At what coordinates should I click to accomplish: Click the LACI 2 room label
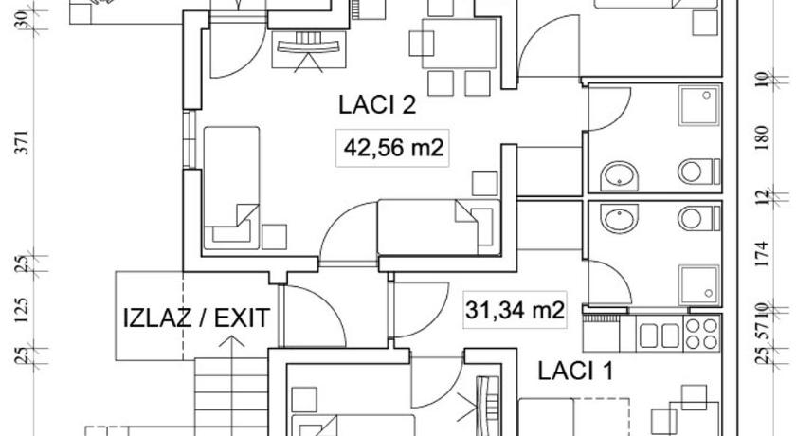tap(377, 105)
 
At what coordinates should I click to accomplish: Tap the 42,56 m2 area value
tap(393, 148)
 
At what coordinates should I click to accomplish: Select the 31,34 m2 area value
tap(515, 309)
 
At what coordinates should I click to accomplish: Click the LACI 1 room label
tap(575, 371)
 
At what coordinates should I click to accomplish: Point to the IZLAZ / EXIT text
tap(196, 318)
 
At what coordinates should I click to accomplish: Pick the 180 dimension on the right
tap(762, 138)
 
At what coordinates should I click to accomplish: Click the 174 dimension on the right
tap(762, 254)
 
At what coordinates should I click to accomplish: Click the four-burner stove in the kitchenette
tap(702, 334)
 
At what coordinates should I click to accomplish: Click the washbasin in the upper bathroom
tap(619, 176)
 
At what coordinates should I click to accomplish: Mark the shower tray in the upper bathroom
tap(699, 105)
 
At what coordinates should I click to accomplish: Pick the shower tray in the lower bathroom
tap(699, 284)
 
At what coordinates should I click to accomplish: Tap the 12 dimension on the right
tap(762, 197)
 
